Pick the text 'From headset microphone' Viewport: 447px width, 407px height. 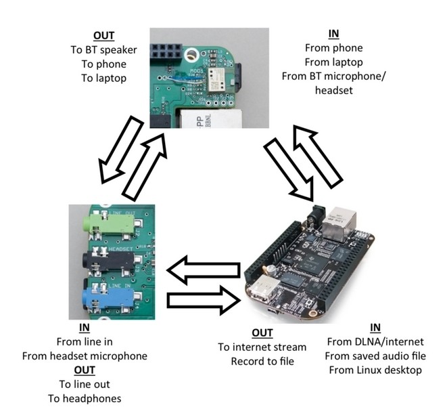[x=85, y=356]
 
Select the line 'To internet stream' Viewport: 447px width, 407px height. [x=262, y=347]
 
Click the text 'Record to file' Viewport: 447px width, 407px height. [x=262, y=361]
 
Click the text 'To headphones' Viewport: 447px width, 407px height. [x=85, y=398]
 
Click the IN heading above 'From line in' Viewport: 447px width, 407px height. [x=85, y=327]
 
